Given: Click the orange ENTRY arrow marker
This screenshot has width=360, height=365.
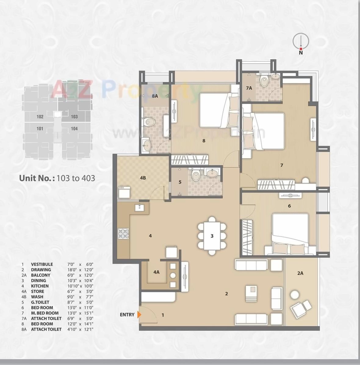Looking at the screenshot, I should (x=139, y=315).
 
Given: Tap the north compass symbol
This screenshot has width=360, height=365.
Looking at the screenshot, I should (x=301, y=41).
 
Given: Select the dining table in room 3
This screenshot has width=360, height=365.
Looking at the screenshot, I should (x=212, y=236).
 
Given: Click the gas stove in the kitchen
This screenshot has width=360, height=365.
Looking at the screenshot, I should (x=123, y=234).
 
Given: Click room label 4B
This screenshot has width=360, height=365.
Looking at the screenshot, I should (x=143, y=178).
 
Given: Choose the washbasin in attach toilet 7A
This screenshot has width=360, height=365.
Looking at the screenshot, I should (x=275, y=76).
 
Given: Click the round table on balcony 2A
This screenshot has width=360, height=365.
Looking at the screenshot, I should (x=295, y=295).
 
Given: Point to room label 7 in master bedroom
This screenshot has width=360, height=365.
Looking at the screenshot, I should (x=282, y=165).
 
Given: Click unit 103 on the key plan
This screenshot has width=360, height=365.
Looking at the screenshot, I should (x=74, y=117).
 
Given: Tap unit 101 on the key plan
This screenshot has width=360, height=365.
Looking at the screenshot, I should (x=40, y=129).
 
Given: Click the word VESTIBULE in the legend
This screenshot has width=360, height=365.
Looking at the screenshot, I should (x=42, y=264).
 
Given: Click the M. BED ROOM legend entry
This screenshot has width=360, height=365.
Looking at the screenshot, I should (x=45, y=313).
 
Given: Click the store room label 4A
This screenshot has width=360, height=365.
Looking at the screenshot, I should (x=156, y=272).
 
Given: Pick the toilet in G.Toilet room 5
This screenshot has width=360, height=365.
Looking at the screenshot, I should (x=196, y=175).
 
